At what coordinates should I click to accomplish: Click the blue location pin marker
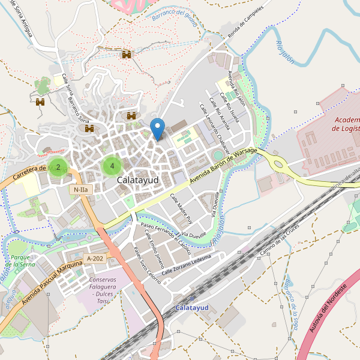[157, 128]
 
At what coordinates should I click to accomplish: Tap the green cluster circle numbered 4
[112, 166]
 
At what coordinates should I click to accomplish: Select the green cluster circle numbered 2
[58, 167]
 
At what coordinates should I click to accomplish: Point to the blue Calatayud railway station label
[191, 307]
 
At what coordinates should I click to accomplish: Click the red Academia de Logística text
[344, 124]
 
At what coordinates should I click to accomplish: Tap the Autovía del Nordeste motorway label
[324, 317]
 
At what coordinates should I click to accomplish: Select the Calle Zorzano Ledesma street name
[186, 264]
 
